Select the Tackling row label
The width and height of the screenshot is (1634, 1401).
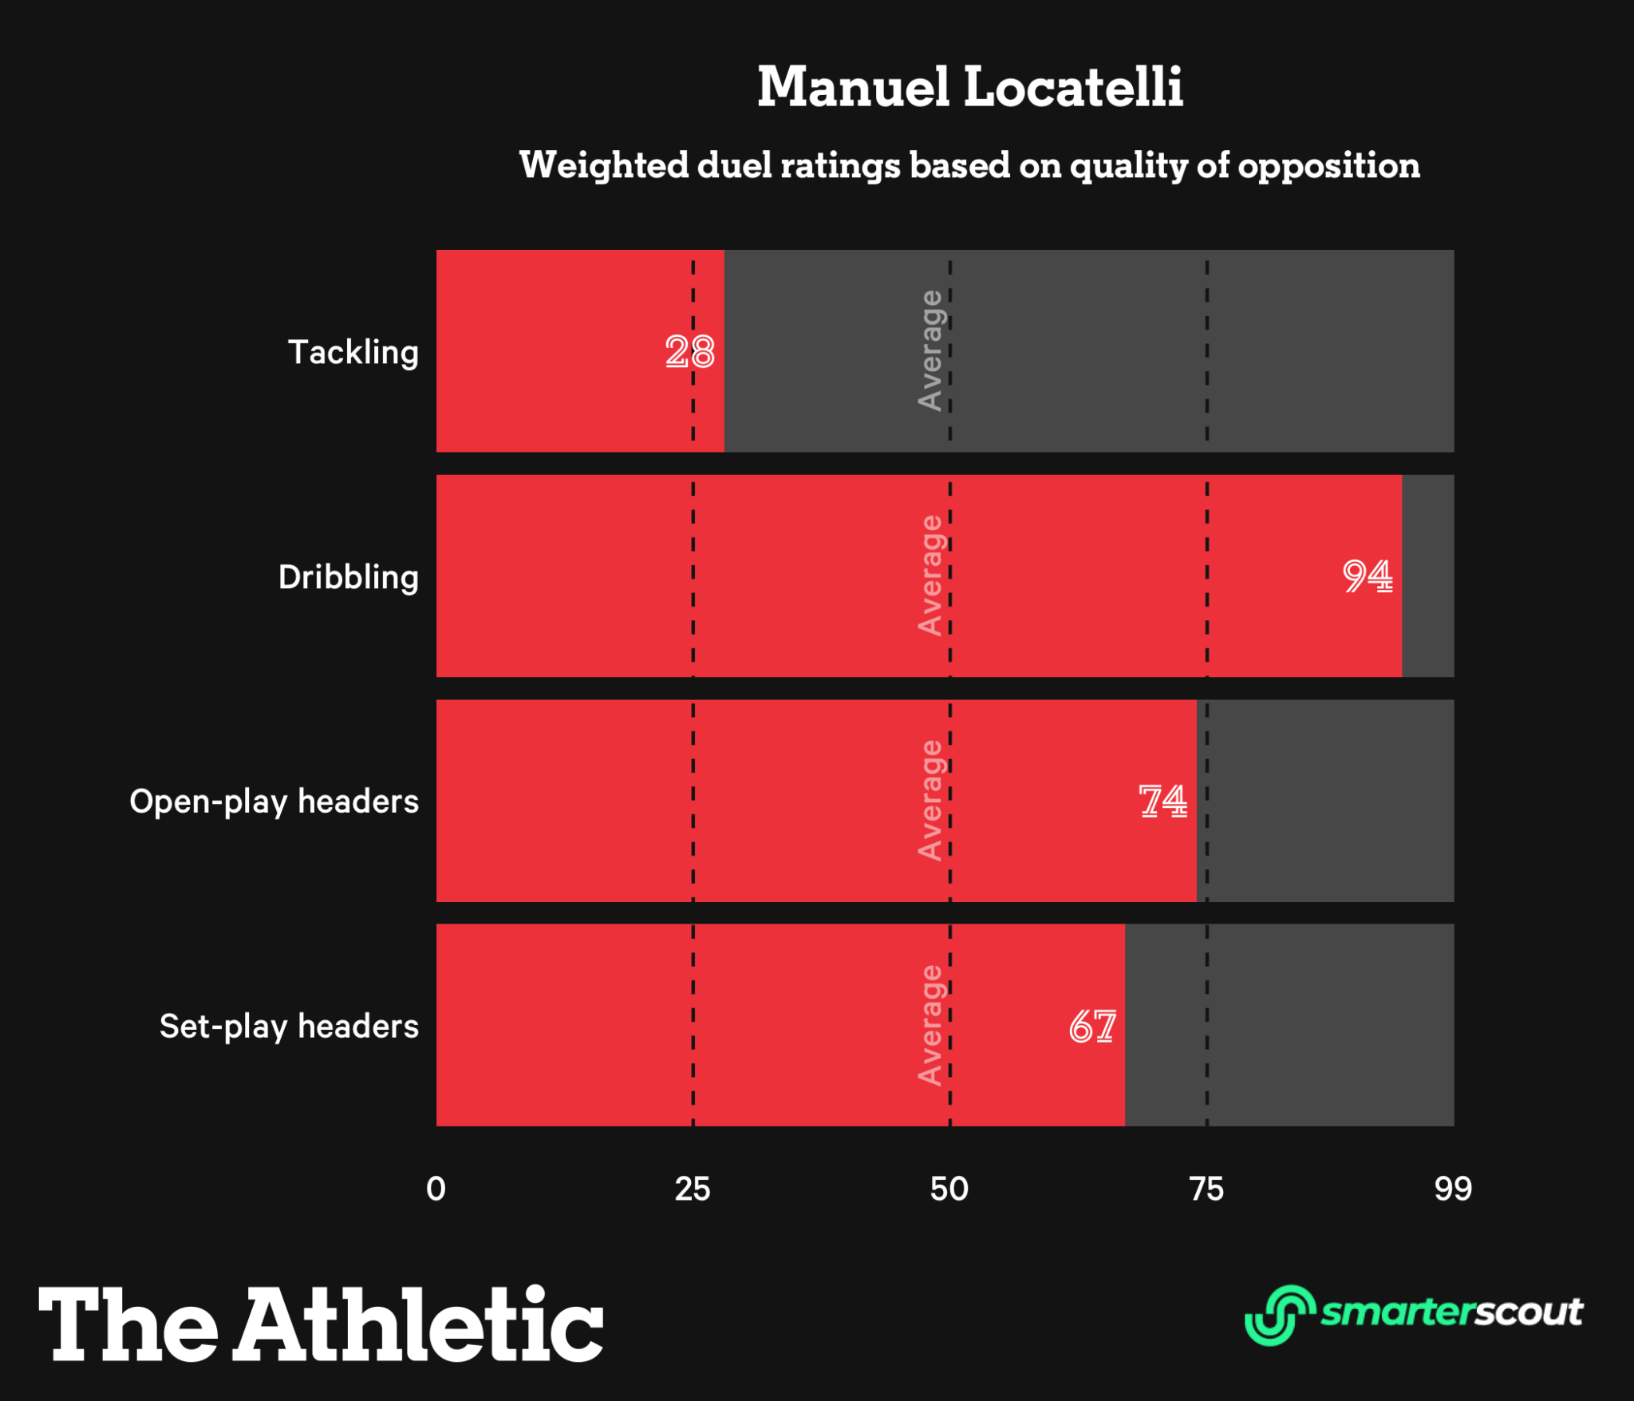(x=353, y=352)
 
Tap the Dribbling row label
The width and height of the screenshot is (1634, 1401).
(x=348, y=577)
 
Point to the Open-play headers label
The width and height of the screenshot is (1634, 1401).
(x=274, y=801)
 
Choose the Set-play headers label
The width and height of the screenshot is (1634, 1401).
(x=289, y=1027)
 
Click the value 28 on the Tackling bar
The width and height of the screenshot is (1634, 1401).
(x=690, y=352)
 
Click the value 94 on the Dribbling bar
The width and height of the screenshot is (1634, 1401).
(x=1368, y=576)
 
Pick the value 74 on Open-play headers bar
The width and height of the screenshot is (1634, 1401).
(x=1162, y=801)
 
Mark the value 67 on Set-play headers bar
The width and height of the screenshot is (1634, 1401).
(x=1092, y=1027)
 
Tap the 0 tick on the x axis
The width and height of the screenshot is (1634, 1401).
(x=436, y=1189)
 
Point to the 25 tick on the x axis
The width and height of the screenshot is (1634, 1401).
(x=693, y=1189)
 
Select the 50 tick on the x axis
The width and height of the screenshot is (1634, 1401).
(x=949, y=1189)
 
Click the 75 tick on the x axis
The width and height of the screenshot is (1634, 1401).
(x=1206, y=1189)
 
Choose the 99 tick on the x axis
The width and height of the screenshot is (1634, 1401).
(x=1453, y=1189)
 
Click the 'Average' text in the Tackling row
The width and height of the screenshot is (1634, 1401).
(x=930, y=350)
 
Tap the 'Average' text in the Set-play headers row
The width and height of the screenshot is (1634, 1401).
(x=930, y=1026)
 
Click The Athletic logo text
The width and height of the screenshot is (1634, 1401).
(x=321, y=1325)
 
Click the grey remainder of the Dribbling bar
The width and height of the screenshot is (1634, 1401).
(x=1428, y=576)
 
